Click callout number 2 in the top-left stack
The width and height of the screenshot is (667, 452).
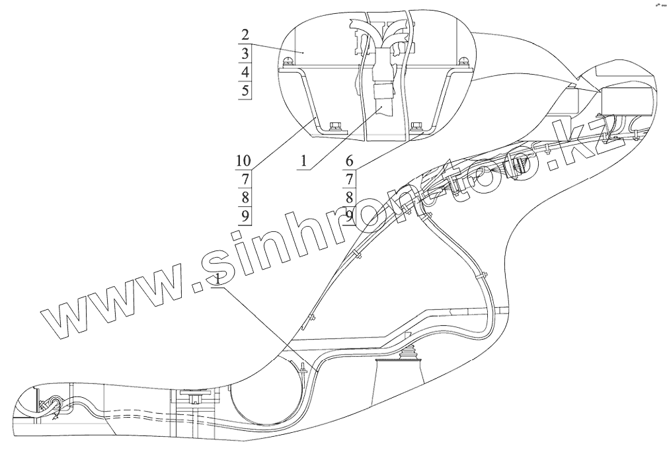pos(245,35)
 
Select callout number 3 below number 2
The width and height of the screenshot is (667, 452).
pos(245,54)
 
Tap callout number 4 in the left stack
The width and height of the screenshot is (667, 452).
pos(245,72)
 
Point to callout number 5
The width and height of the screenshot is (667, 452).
pos(245,91)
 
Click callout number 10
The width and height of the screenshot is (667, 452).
pos(243,161)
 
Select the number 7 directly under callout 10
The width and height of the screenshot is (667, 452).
pos(245,179)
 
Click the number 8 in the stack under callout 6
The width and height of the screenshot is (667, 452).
pos(350,198)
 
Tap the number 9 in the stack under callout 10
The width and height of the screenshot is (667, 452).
pos(245,215)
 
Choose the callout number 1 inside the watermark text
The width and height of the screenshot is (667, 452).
pos(219,280)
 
